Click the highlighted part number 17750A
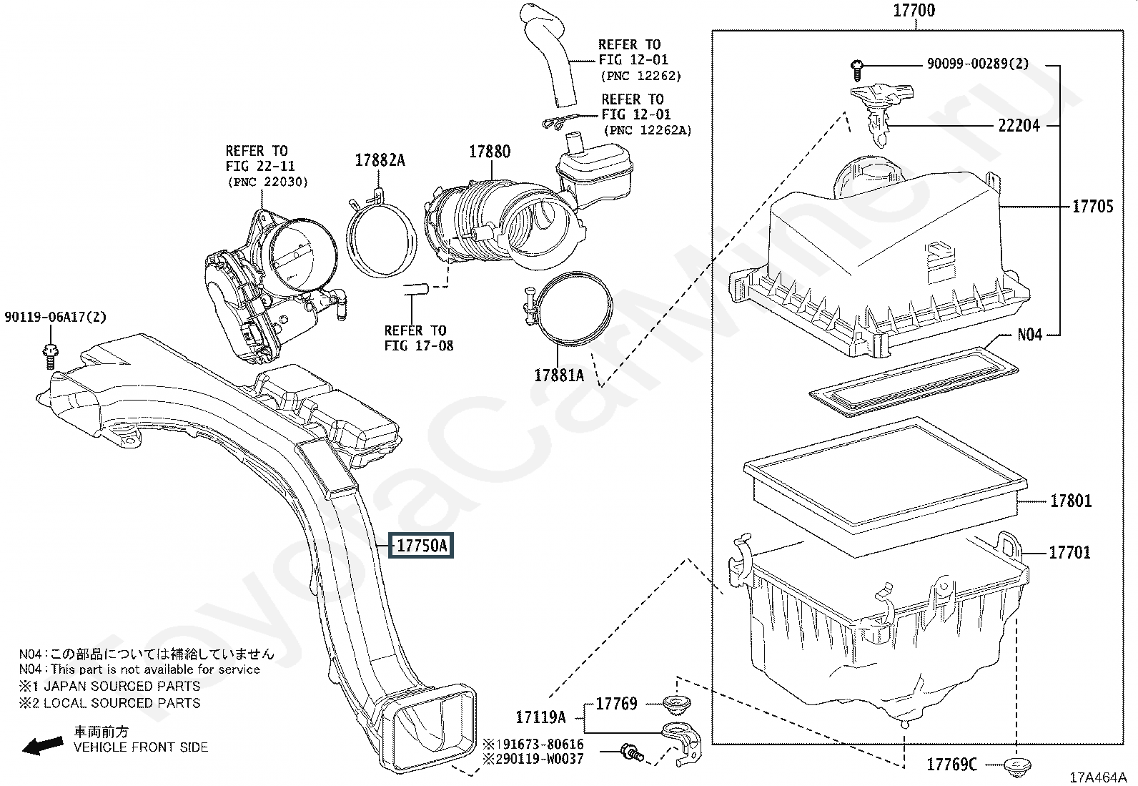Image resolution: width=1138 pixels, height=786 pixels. (x=421, y=546)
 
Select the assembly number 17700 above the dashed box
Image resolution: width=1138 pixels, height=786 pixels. (x=914, y=11)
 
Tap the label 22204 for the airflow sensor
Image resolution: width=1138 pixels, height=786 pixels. (x=1019, y=125)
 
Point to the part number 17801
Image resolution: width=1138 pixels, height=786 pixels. (x=1071, y=501)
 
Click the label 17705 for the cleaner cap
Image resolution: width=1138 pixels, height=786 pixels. (x=1093, y=207)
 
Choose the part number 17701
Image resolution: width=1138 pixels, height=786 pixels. (x=1070, y=552)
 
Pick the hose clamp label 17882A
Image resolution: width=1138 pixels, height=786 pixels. (x=380, y=160)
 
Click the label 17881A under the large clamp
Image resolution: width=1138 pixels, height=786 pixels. (x=559, y=375)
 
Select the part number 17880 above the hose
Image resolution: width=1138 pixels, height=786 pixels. (x=490, y=151)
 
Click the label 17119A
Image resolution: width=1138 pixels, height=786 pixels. (x=540, y=717)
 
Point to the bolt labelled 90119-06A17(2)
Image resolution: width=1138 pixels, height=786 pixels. (x=50, y=356)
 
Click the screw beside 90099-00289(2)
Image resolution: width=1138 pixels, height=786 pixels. (x=856, y=72)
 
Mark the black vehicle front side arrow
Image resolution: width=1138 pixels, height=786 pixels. (x=43, y=746)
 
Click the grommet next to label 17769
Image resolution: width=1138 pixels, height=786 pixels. (x=678, y=704)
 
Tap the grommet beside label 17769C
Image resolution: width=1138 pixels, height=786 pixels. (x=1018, y=766)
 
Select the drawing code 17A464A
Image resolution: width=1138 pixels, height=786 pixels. (x=1098, y=777)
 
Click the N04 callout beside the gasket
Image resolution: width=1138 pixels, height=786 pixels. (x=1030, y=335)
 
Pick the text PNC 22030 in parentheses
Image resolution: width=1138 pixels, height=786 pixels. (x=268, y=182)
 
